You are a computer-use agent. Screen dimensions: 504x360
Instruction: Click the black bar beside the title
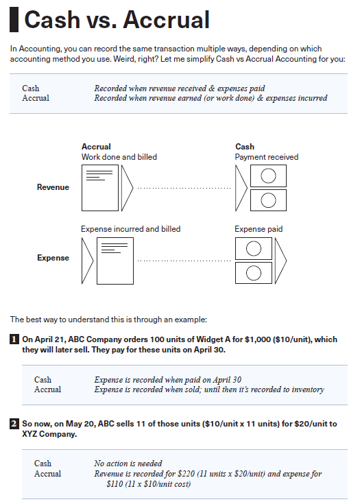click(14, 20)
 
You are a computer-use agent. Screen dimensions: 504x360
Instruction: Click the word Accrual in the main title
click(167, 20)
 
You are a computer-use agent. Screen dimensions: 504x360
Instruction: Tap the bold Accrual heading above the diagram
click(96, 147)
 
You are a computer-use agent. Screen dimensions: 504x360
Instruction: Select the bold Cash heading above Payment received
click(245, 147)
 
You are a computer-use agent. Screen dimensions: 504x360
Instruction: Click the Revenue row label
click(53, 187)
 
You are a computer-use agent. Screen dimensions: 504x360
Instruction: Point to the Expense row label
click(53, 258)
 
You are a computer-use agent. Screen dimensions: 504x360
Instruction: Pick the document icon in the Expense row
click(115, 261)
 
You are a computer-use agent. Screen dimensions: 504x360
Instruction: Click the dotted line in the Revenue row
click(184, 187)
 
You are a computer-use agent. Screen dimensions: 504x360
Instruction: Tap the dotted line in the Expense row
click(184, 261)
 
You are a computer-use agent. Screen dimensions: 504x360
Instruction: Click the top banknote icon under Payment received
click(268, 176)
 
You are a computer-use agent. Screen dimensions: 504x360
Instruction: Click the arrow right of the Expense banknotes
click(280, 261)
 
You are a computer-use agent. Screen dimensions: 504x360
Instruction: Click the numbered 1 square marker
click(14, 339)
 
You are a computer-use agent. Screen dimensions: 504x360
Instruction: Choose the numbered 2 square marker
click(14, 424)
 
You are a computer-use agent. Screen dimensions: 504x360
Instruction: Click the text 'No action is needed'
click(129, 464)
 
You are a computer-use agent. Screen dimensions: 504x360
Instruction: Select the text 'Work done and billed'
click(119, 157)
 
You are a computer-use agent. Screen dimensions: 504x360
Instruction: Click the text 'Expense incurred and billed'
click(130, 228)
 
